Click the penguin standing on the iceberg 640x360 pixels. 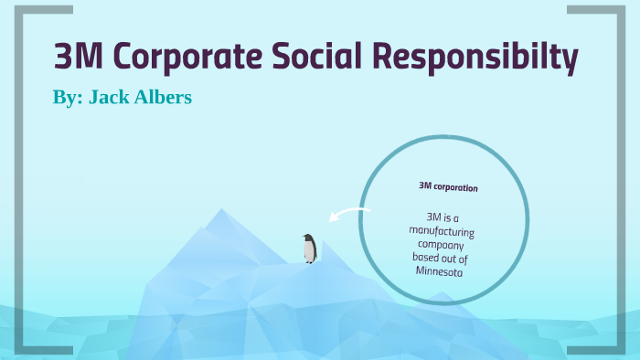(310, 249)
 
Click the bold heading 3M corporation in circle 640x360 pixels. (448, 187)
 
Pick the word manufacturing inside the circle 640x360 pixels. (442, 231)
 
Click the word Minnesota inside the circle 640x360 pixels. (439, 271)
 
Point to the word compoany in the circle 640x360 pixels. (440, 245)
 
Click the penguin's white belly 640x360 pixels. (311, 252)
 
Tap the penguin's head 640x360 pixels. (310, 238)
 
